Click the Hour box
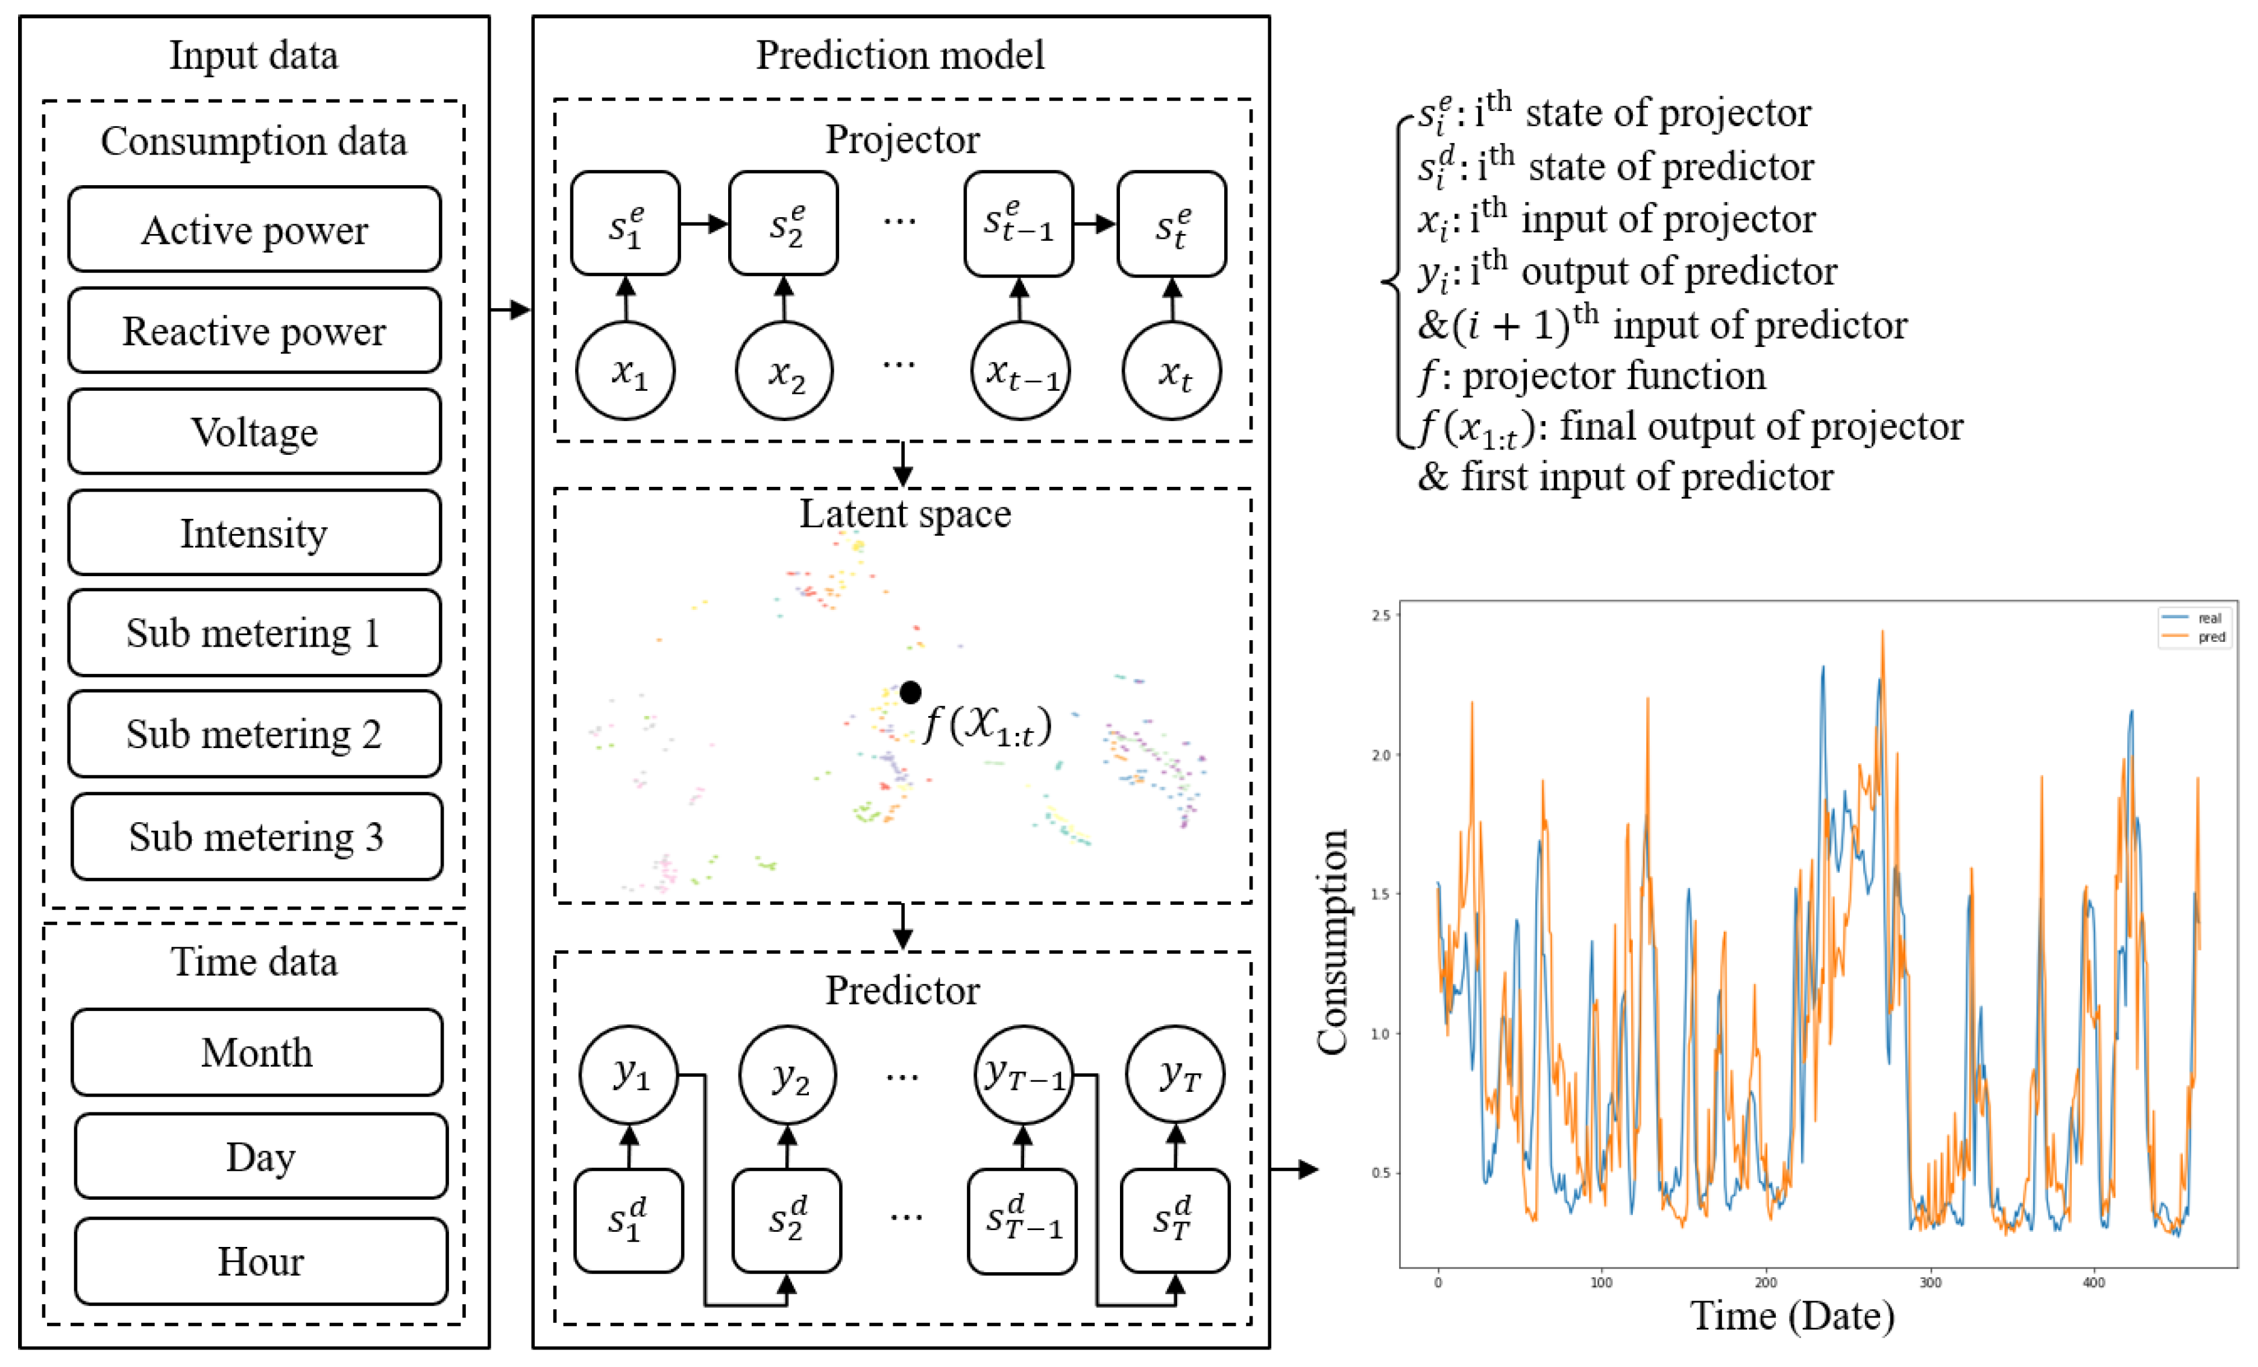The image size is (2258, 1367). pyautogui.click(x=260, y=1261)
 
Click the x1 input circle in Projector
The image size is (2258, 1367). pyautogui.click(x=626, y=370)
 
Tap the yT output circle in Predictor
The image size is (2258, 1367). pyautogui.click(x=1176, y=1074)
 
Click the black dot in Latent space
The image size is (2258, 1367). pyautogui.click(x=910, y=692)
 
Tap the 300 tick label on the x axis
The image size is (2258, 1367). pyautogui.click(x=1930, y=1282)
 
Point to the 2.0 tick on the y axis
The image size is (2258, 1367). pyautogui.click(x=1380, y=755)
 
